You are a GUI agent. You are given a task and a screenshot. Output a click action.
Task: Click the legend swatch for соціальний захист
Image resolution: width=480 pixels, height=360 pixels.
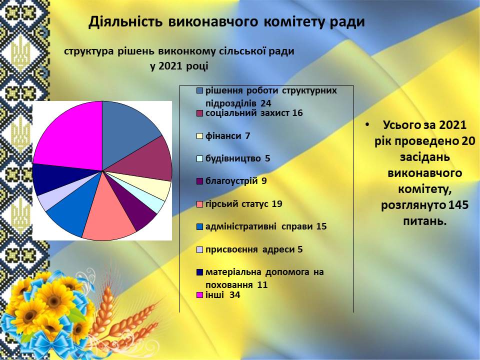pos(200,113)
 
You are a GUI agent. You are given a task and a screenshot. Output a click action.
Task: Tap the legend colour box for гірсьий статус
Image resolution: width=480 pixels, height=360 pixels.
pos(200,204)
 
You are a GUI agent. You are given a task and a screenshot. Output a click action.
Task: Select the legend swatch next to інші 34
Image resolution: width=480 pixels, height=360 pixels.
pos(200,295)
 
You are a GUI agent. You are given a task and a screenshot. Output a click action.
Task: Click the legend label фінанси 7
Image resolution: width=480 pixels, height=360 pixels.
pos(228,136)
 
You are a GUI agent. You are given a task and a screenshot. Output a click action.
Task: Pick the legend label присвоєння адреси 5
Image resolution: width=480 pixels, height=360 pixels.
pos(254,249)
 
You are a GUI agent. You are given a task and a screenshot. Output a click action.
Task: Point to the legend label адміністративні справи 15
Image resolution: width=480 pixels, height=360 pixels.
pos(266,227)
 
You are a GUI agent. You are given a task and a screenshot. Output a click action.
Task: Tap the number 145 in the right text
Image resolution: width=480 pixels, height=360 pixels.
pos(458,205)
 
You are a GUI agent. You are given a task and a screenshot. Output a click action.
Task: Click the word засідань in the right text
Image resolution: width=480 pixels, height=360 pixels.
pos(425,157)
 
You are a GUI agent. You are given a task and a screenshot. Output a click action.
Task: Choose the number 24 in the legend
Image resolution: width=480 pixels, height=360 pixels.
pos(266,103)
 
